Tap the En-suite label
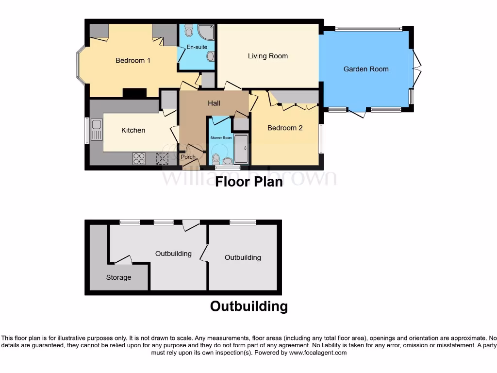click(x=197, y=47)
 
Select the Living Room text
click(x=267, y=56)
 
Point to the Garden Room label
click(x=366, y=69)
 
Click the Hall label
click(x=214, y=103)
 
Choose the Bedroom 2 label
click(x=285, y=128)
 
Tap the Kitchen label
click(x=133, y=130)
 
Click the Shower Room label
click(x=221, y=138)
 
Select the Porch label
click(x=188, y=157)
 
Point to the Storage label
click(x=118, y=277)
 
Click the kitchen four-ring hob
click(x=139, y=158)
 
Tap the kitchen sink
click(x=97, y=129)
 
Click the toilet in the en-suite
click(x=189, y=31)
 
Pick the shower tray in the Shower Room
click(x=241, y=149)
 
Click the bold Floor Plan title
click(x=248, y=182)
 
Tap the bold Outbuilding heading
click(x=248, y=306)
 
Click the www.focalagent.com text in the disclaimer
click(x=318, y=353)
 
